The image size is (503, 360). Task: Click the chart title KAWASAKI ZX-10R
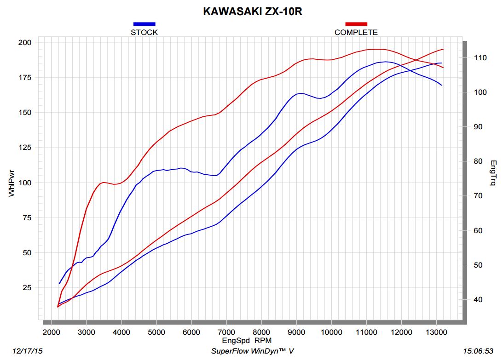(x=252, y=11)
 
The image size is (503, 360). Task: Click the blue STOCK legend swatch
(x=144, y=24)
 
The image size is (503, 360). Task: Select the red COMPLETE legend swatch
(x=356, y=24)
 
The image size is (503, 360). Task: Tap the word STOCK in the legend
(x=144, y=32)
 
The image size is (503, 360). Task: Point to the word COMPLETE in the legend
(x=356, y=32)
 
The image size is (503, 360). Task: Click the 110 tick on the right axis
(x=474, y=57)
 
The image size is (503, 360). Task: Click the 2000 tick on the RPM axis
(x=51, y=332)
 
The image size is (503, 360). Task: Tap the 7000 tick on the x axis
(x=226, y=332)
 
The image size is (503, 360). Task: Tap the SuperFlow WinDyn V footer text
(x=252, y=351)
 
